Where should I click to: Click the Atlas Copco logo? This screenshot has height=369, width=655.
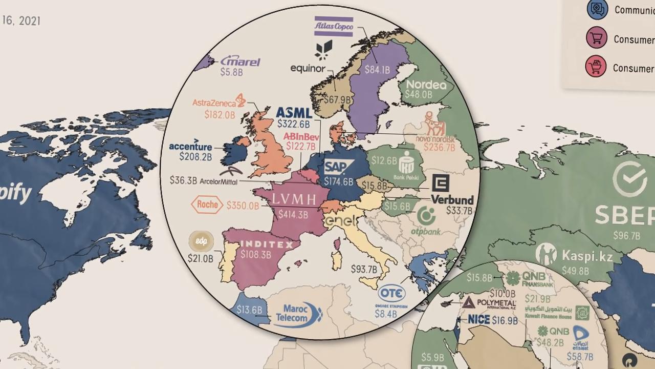pyautogui.click(x=333, y=26)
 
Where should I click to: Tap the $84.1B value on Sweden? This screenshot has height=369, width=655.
pyautogui.click(x=377, y=70)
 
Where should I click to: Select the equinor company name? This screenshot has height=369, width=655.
pyautogui.click(x=308, y=68)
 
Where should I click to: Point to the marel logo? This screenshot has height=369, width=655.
pyautogui.click(x=241, y=61)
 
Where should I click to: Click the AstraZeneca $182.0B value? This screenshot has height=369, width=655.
pyautogui.click(x=220, y=115)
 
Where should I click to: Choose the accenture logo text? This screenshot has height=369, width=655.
pyautogui.click(x=190, y=147)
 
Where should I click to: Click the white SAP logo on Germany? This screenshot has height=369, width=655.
pyautogui.click(x=339, y=167)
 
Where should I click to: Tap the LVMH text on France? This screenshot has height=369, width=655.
pyautogui.click(x=293, y=200)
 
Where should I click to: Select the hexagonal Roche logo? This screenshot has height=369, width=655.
pyautogui.click(x=207, y=204)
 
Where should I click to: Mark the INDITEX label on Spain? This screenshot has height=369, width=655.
pyautogui.click(x=267, y=244)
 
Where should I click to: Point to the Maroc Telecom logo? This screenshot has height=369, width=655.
pyautogui.click(x=299, y=314)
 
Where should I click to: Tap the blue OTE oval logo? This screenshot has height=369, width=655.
pyautogui.click(x=391, y=293)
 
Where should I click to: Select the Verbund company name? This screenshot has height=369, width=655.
pyautogui.click(x=452, y=199)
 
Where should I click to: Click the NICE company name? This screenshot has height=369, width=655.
pyautogui.click(x=479, y=320)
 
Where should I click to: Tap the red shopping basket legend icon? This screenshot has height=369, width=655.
pyautogui.click(x=596, y=67)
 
